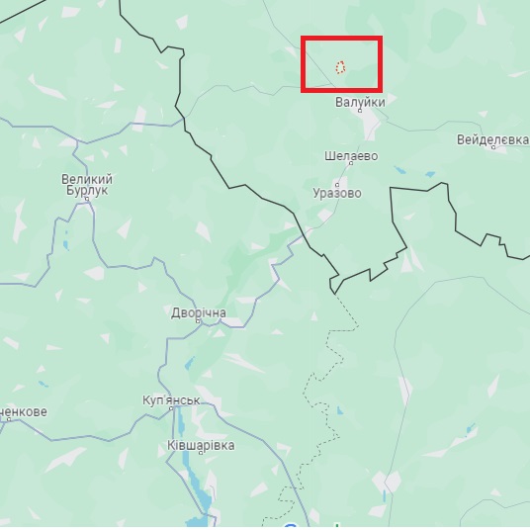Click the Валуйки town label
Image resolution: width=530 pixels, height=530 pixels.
pyautogui.click(x=359, y=101)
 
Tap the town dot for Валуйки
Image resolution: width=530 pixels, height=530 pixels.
pyautogui.click(x=360, y=111)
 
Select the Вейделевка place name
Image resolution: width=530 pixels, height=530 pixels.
pyautogui.click(x=492, y=140)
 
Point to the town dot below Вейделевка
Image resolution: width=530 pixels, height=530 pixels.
pyautogui.click(x=492, y=150)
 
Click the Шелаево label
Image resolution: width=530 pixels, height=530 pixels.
pyautogui.click(x=351, y=156)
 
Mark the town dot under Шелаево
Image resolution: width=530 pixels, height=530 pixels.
pyautogui.click(x=351, y=166)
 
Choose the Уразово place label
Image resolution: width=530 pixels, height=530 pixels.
pyautogui.click(x=337, y=194)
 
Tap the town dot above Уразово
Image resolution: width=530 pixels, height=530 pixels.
pyautogui.click(x=337, y=184)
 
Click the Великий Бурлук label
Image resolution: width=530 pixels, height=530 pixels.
pyautogui.click(x=87, y=185)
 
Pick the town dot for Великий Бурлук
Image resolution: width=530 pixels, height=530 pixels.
pyautogui.click(x=87, y=198)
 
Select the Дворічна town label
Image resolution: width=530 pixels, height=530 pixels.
pyautogui.click(x=199, y=313)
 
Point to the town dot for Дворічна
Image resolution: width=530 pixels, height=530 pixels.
pyautogui.click(x=199, y=323)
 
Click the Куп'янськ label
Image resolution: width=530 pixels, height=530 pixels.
pyautogui.click(x=171, y=400)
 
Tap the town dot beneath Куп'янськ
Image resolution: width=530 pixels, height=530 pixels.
pyautogui.click(x=171, y=410)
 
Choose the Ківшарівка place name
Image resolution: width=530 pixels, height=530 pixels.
pyautogui.click(x=201, y=446)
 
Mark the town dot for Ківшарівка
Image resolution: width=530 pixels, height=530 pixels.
pyautogui.click(x=201, y=436)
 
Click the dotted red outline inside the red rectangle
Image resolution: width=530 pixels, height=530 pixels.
pyautogui.click(x=340, y=67)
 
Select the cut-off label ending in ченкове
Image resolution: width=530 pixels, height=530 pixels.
pyautogui.click(x=22, y=410)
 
